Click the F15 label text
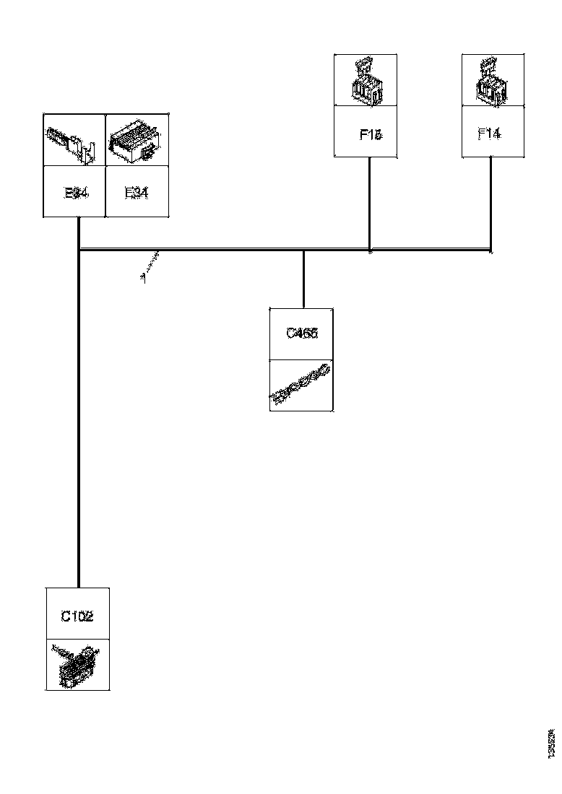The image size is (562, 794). [x=371, y=134]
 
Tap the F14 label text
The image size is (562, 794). [x=490, y=134]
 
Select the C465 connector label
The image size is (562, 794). [x=302, y=333]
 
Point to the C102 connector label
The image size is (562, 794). [x=77, y=616]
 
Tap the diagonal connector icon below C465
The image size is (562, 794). [x=301, y=385]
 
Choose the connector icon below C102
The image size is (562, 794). [x=77, y=665]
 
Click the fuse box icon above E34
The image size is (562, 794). [x=137, y=139]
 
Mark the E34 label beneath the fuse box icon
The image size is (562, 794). [x=137, y=193]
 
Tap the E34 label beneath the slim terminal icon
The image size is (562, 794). [x=76, y=193]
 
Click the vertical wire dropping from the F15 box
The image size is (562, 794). [x=370, y=202]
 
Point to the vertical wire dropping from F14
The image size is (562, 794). [x=491, y=202]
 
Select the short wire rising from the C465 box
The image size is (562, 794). [x=303, y=282]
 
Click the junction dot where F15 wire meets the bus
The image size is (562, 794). [x=370, y=251]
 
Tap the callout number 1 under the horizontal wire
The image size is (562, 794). [x=144, y=276]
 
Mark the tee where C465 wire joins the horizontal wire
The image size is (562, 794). [x=303, y=251]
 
